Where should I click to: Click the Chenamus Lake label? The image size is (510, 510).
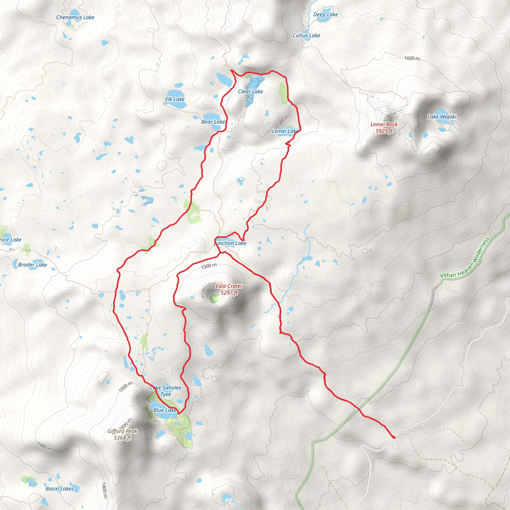(x=75, y=17)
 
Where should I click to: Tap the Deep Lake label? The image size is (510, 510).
(x=325, y=14)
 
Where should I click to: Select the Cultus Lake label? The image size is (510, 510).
(x=306, y=35)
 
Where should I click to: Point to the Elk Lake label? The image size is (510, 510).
(x=175, y=99)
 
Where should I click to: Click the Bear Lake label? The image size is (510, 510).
(x=213, y=122)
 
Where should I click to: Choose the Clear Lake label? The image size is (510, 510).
(x=250, y=92)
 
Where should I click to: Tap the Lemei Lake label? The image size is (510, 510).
(x=285, y=131)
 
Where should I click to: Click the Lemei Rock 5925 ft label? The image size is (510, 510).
(x=384, y=127)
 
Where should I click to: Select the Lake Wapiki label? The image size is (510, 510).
(x=442, y=117)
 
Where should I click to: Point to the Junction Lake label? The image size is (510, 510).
(x=230, y=243)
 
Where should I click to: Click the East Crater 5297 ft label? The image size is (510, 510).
(x=229, y=289)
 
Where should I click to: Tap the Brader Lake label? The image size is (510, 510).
(x=32, y=265)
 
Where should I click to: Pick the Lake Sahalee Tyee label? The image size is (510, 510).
(x=166, y=391)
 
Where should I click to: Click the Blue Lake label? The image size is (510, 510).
(x=165, y=410)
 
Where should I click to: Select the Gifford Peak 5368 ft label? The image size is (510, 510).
(x=123, y=434)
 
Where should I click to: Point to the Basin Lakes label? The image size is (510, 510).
(x=60, y=489)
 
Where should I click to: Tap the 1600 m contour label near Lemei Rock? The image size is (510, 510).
(x=412, y=58)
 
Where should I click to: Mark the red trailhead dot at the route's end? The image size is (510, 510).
(x=394, y=437)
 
